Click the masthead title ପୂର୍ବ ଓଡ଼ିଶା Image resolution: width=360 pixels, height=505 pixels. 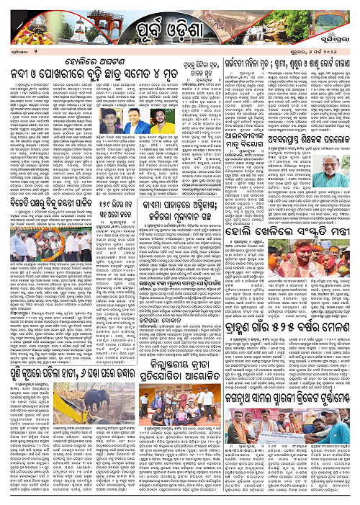[x=179, y=32]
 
